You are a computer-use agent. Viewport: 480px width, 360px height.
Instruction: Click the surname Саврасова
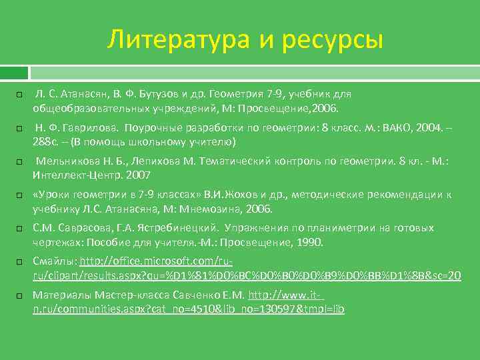click(x=73, y=228)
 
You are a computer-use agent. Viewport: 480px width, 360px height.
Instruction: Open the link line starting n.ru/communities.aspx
click(x=189, y=309)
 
